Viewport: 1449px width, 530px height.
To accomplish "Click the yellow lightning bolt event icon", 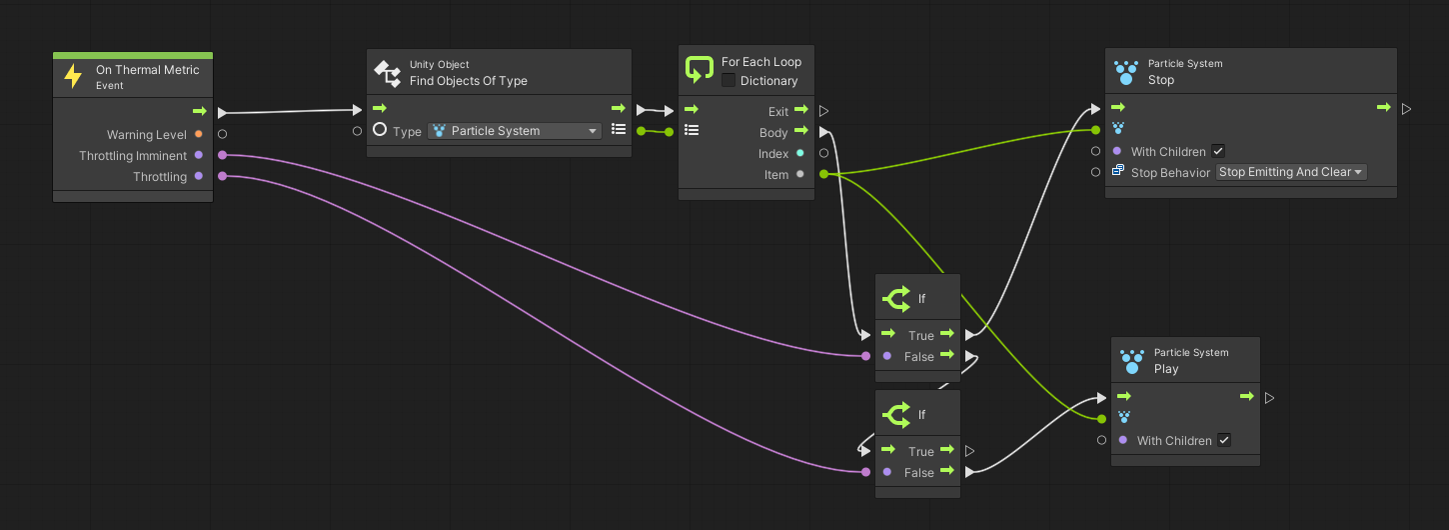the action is point(73,76).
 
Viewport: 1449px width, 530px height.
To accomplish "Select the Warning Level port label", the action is point(146,135).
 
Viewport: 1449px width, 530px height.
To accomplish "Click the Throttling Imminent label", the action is point(133,155).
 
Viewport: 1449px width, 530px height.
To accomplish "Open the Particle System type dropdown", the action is point(515,131).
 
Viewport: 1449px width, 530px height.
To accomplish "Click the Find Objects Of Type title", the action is point(469,81).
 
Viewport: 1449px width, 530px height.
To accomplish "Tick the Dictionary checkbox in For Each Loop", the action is point(728,80).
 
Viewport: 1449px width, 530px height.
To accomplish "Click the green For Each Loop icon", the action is point(700,70).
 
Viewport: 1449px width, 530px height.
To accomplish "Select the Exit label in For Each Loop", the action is point(778,111).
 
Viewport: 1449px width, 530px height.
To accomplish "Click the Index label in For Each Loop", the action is point(773,153).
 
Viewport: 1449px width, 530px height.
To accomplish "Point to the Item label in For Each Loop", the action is point(776,175).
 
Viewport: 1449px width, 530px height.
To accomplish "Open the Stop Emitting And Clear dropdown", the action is point(1291,172).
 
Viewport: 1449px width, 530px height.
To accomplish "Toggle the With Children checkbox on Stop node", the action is point(1219,151).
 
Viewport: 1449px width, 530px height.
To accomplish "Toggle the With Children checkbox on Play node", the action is point(1224,440).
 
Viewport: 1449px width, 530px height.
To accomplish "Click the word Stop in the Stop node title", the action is point(1161,80).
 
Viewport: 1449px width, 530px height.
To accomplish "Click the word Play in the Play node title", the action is point(1166,369).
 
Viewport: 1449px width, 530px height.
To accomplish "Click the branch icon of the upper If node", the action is point(896,299).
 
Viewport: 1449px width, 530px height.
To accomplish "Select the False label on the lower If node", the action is point(919,472).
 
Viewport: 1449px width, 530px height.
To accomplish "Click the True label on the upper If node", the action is point(921,335).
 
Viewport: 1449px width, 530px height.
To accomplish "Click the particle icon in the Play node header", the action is point(1132,362).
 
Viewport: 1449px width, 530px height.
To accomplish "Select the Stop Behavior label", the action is point(1170,173).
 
